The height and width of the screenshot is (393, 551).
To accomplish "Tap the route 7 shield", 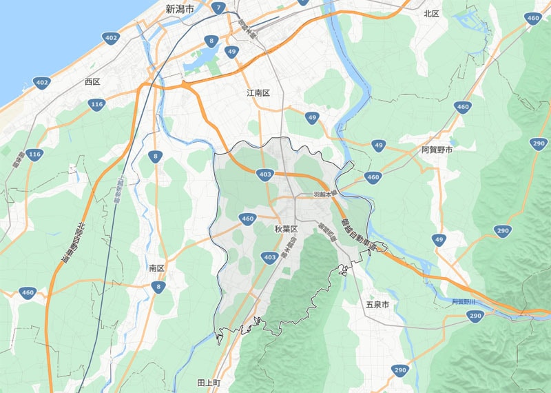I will [218, 9].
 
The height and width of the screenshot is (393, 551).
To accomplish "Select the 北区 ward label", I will [431, 13].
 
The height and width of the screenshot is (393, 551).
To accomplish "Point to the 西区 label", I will [92, 81].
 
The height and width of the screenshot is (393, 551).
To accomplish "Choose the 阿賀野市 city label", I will [437, 150].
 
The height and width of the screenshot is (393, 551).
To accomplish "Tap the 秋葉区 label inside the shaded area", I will [285, 228].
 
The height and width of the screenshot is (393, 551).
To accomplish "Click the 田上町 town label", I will [208, 382].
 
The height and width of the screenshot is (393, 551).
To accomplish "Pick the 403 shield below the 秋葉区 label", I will [270, 257].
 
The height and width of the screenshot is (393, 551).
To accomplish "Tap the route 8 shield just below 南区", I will [159, 286].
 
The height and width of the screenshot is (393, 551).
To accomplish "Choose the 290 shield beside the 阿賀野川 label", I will [475, 316].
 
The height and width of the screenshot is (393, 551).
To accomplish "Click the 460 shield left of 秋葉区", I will [248, 219].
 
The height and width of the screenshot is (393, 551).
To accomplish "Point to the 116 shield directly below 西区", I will [96, 105].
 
